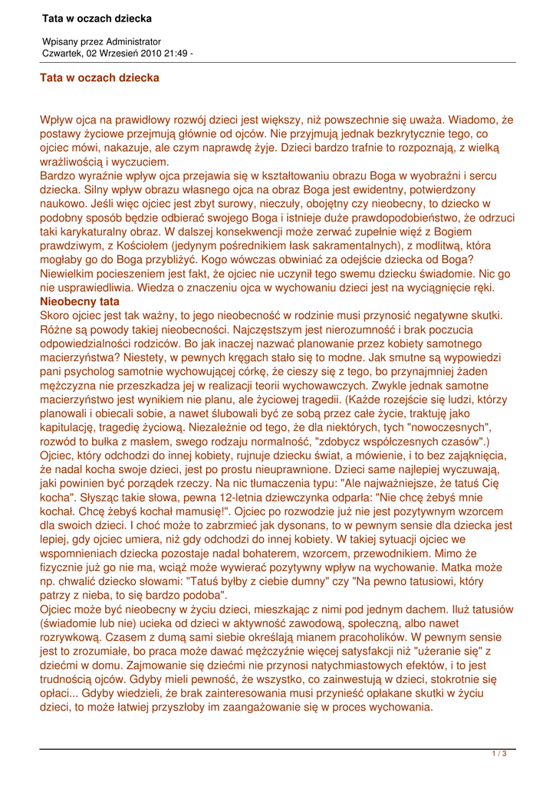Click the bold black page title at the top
pyautogui.click(x=97, y=18)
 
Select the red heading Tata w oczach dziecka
pyautogui.click(x=100, y=77)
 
